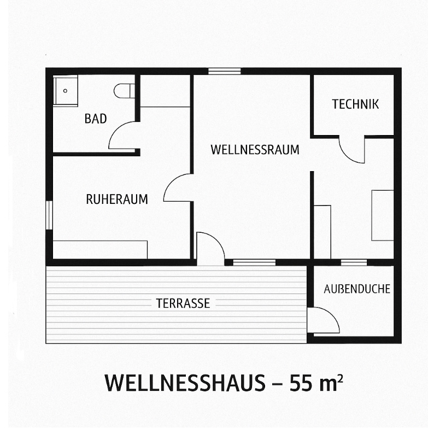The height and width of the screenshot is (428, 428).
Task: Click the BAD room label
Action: (96, 119)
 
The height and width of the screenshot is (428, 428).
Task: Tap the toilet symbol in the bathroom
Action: (124, 91)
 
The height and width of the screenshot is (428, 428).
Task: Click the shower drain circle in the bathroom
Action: (65, 91)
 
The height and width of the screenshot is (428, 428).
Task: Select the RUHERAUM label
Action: (117, 200)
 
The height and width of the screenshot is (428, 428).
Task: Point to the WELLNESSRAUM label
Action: (255, 150)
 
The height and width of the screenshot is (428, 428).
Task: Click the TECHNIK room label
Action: (355, 104)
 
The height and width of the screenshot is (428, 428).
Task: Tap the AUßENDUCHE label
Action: (357, 289)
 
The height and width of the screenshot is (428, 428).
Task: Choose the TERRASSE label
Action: (183, 303)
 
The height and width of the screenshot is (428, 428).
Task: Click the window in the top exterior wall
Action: (224, 71)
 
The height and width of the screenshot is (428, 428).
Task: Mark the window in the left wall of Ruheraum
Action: (49, 215)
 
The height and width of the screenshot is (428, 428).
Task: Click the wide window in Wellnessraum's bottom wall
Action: (254, 262)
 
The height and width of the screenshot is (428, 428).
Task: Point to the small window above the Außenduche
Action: (354, 262)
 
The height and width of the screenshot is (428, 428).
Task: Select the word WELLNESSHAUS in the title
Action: (185, 383)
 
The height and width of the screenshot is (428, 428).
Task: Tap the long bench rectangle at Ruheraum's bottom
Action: (100, 249)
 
